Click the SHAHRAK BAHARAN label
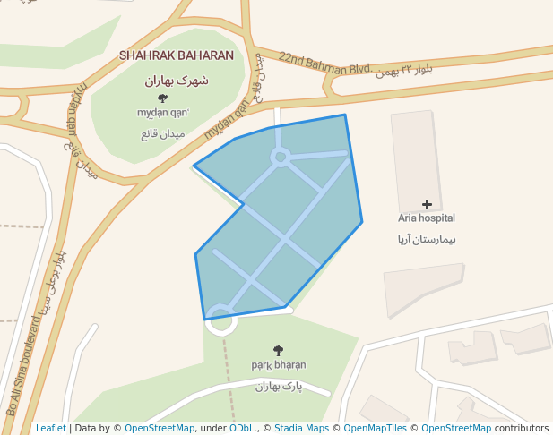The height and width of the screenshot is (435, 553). [x=177, y=55]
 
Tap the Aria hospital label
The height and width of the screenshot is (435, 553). [x=427, y=218]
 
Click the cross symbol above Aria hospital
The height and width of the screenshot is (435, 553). [x=427, y=205]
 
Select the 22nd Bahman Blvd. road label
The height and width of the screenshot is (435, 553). [x=324, y=63]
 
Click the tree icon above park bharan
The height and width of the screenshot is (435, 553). [x=278, y=351]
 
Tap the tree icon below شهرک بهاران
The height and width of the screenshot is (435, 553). [x=162, y=98]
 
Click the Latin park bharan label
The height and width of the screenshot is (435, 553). [x=278, y=365]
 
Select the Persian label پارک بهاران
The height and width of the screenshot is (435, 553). [x=279, y=387]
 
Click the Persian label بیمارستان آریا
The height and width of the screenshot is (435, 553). [x=428, y=240]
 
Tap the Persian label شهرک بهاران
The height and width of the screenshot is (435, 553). [x=177, y=80]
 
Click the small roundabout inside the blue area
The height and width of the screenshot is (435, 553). [x=280, y=158]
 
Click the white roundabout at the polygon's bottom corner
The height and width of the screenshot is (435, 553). [x=220, y=320]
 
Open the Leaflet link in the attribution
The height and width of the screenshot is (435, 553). [x=50, y=429]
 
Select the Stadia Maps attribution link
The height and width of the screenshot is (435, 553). [x=301, y=429]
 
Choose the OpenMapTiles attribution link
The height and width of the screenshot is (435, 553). [x=375, y=429]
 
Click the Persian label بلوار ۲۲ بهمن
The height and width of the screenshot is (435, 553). [x=410, y=70]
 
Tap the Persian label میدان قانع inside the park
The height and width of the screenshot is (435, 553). [x=162, y=134]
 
